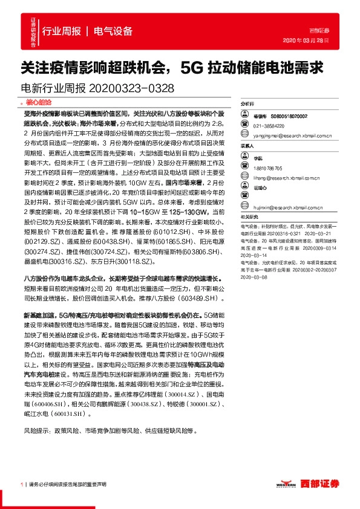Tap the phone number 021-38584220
[x=269, y=125]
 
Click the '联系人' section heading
[x=247, y=146]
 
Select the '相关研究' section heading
[x=249, y=217]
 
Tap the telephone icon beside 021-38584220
[x=246, y=125]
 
